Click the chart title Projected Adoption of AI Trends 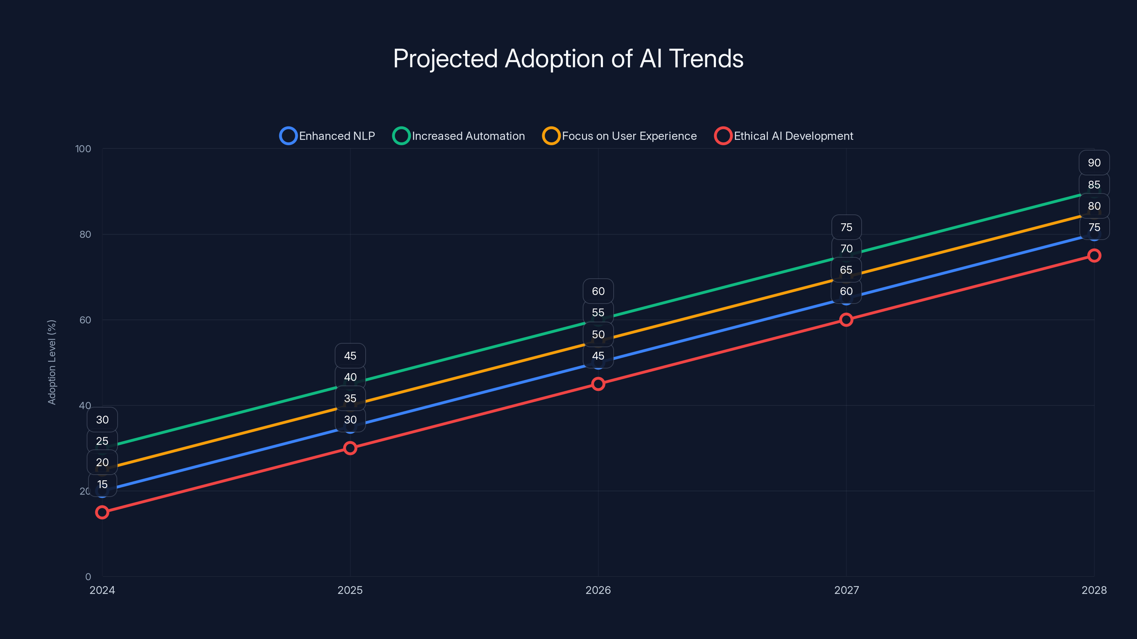click(568, 59)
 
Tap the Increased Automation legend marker click(401, 136)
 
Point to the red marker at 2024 click(102, 512)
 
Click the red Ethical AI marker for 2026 click(598, 384)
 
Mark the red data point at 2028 click(1094, 255)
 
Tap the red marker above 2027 click(846, 320)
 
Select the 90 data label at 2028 click(1094, 163)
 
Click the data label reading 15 click(102, 484)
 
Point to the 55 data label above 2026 click(598, 313)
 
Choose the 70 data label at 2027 click(846, 249)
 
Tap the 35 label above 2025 click(350, 398)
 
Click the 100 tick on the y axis click(83, 149)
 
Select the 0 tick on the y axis click(88, 577)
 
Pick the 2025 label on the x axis click(350, 590)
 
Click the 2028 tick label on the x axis click(1094, 590)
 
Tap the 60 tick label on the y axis click(85, 320)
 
